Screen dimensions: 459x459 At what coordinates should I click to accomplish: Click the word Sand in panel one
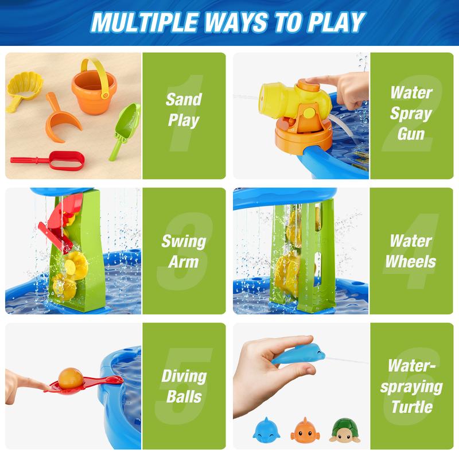click(184, 99)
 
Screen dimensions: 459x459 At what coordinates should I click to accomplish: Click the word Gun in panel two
click(411, 134)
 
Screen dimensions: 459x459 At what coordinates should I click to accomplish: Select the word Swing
click(184, 240)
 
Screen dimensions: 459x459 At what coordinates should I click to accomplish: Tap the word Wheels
click(411, 262)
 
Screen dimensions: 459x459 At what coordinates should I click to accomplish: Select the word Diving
click(184, 376)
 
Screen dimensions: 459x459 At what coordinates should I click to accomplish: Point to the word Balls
click(184, 398)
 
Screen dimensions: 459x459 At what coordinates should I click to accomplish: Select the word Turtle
click(411, 408)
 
